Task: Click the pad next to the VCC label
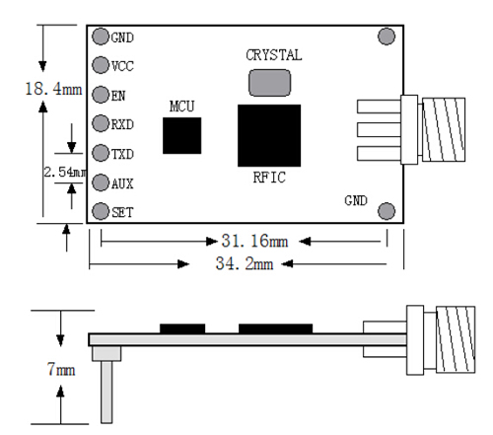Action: click(x=101, y=65)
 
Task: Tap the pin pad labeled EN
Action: click(x=101, y=95)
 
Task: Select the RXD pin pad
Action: click(x=101, y=123)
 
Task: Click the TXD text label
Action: click(x=122, y=154)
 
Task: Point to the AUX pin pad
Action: click(x=101, y=182)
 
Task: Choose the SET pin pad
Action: click(x=101, y=211)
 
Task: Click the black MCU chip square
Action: click(x=182, y=135)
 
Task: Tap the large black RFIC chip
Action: click(x=269, y=135)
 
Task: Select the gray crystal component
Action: click(x=269, y=83)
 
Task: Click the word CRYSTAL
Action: click(x=274, y=55)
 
